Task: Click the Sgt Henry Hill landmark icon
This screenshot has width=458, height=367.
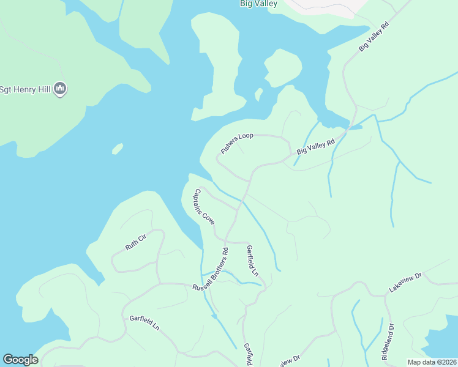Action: tap(60, 89)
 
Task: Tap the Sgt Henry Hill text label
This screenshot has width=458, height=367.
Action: tap(24, 89)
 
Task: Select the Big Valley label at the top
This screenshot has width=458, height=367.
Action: tap(258, 4)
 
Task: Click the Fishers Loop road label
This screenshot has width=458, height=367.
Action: tap(237, 143)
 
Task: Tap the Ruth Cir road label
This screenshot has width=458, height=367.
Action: tap(136, 242)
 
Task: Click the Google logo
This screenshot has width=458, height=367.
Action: tap(20, 360)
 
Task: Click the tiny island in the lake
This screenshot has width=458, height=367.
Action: tap(118, 149)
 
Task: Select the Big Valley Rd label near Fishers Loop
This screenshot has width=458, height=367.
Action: tap(316, 146)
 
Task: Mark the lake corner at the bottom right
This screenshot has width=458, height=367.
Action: tap(442, 343)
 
